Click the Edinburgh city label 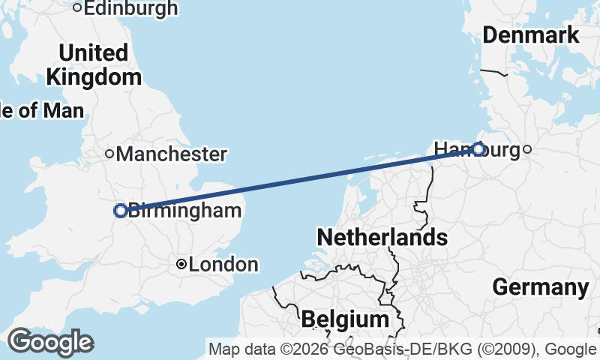130,8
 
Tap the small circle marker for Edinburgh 77,8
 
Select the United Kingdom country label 94,65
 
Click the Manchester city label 172,154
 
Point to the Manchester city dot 109,154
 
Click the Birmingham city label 185,211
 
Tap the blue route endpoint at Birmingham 120,211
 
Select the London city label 223,265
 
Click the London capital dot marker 181,264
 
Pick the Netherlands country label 382,238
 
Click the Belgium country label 345,319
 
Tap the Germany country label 540,287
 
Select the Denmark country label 531,34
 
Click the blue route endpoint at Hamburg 478,149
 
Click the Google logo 50,342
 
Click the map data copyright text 403,349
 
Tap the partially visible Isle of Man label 41,111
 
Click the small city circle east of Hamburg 527,149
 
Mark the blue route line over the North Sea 300,180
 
